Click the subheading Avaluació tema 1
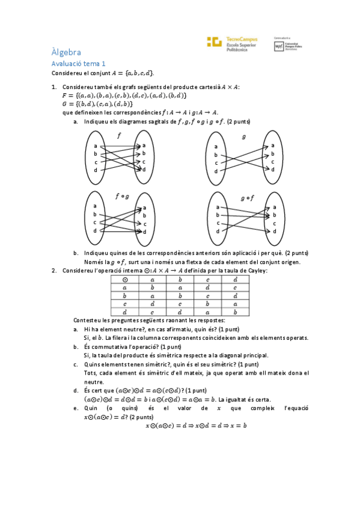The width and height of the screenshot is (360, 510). [x=78, y=63]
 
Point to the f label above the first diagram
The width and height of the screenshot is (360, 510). [x=118, y=136]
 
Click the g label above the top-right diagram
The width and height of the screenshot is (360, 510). [x=243, y=137]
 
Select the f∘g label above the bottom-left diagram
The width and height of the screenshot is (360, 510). [x=122, y=196]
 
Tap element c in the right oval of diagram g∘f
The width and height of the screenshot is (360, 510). [x=274, y=223]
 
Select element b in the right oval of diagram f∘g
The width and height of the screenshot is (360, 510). [x=144, y=215]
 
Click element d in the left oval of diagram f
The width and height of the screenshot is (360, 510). [x=96, y=170]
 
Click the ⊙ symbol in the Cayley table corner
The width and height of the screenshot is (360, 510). [x=124, y=280]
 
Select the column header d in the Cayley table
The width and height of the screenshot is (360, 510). [x=235, y=280]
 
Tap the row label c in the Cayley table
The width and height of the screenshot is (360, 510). [x=124, y=304]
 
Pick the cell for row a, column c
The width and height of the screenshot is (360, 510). [x=207, y=287]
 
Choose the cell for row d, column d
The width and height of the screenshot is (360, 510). [x=235, y=312]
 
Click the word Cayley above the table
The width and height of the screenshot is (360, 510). [x=258, y=271]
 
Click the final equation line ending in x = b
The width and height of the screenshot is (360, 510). [x=196, y=425]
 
